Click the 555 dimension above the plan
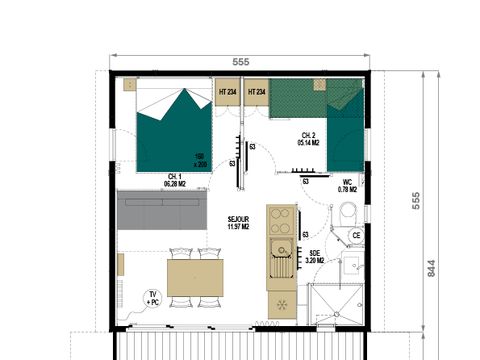pos(240,61)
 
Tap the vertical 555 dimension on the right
pos(412,201)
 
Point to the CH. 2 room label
pos(309,139)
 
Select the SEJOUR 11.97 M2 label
pos(238,223)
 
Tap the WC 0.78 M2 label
pos(347,186)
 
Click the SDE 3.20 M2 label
pos(315,257)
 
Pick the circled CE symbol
pos(354,235)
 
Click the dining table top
pos(194,277)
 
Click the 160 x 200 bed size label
pos(201,158)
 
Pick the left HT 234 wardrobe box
pos(227,92)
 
